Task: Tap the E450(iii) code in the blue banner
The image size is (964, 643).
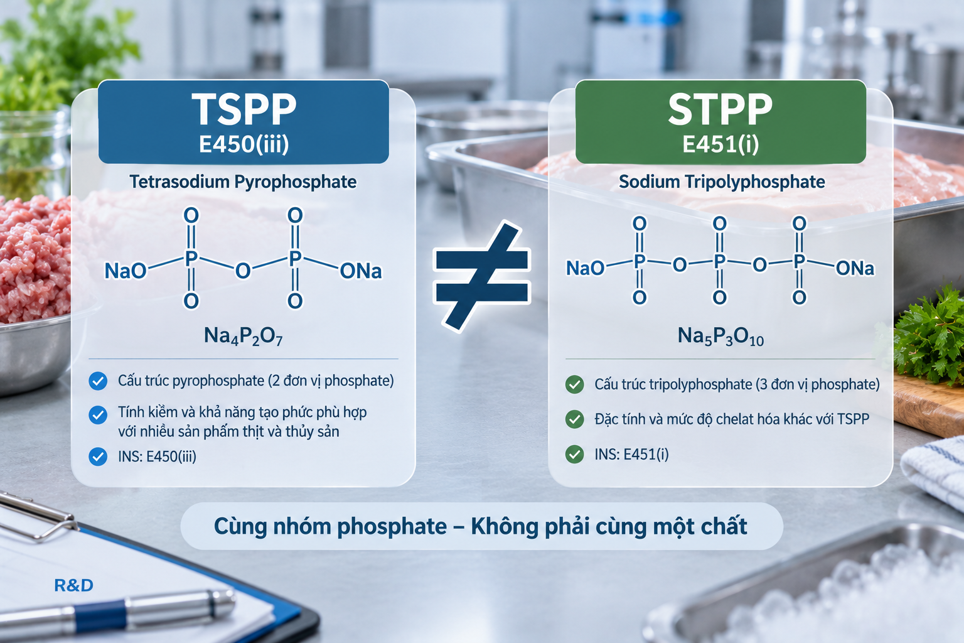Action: tap(244, 144)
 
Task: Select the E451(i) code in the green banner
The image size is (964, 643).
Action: tap(720, 144)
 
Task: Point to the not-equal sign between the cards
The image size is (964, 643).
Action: tap(482, 276)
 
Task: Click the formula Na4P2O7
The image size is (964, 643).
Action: tap(243, 337)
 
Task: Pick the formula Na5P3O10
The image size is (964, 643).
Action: tap(720, 337)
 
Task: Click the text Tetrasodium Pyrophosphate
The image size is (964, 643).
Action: tap(243, 181)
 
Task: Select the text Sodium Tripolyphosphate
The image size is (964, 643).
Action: tap(722, 181)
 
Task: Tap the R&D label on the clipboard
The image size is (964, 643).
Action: tap(73, 585)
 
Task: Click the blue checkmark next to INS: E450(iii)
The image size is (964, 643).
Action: tap(98, 457)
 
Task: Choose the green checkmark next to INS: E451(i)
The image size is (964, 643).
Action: tap(574, 455)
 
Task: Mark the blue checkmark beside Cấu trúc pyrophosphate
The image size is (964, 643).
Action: tap(98, 381)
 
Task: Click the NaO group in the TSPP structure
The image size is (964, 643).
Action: tap(126, 271)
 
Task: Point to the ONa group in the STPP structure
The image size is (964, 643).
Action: tap(855, 268)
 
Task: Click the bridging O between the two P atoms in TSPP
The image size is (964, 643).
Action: tap(243, 271)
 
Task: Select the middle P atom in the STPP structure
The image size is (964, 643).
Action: tap(720, 261)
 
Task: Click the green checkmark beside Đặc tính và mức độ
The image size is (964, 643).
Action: tap(574, 419)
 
